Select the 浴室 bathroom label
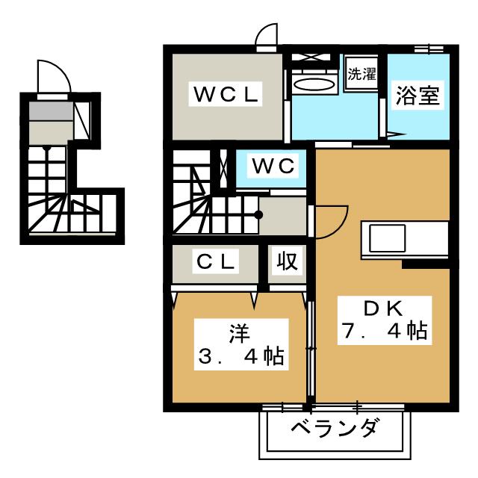[418, 96]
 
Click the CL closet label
[217, 261]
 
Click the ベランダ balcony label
[334, 430]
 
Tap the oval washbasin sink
[314, 84]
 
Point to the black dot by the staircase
[258, 215]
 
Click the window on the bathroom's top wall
[425, 49]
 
